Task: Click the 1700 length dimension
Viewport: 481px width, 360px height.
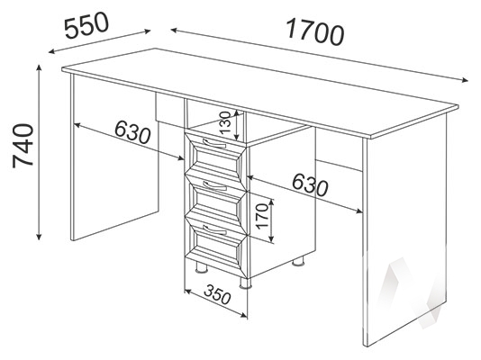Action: click(x=314, y=31)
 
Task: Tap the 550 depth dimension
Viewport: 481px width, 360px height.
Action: click(x=87, y=26)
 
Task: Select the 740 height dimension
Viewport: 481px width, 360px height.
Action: click(x=23, y=146)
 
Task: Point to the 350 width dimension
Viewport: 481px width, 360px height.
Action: click(x=217, y=294)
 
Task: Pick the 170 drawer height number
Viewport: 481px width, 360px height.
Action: click(x=263, y=217)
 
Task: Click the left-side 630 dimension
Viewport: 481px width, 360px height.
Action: click(x=132, y=132)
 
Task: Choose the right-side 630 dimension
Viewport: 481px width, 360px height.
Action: click(x=310, y=184)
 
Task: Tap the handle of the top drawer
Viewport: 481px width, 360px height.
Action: click(x=214, y=142)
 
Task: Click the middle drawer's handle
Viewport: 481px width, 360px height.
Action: click(x=214, y=185)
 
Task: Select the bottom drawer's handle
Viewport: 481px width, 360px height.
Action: click(x=214, y=229)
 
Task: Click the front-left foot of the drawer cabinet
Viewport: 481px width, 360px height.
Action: click(x=201, y=269)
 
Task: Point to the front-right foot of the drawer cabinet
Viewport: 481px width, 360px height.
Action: click(x=245, y=283)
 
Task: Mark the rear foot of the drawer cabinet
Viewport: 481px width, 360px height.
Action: click(x=298, y=262)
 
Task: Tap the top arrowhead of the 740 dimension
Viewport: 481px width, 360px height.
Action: click(x=39, y=67)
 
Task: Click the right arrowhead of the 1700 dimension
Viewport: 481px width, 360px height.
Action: click(x=466, y=80)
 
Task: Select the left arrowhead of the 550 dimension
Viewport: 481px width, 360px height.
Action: click(x=51, y=52)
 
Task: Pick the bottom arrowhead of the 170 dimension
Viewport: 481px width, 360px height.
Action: click(x=271, y=239)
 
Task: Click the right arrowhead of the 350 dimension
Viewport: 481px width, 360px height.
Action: click(x=244, y=315)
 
